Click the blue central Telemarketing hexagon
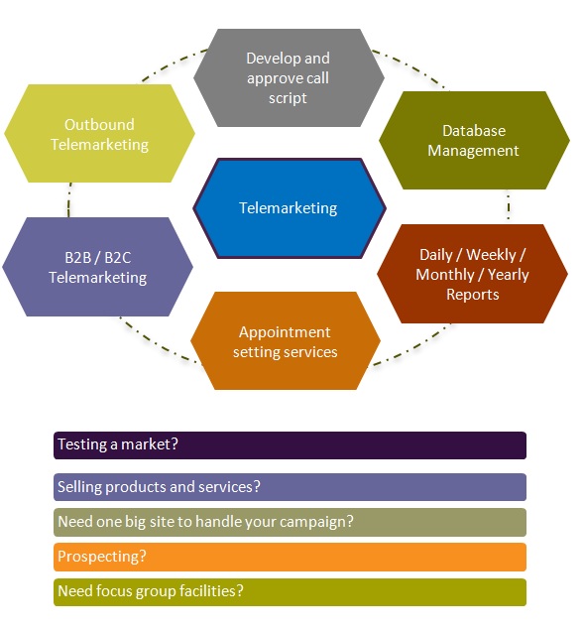tap(290, 208)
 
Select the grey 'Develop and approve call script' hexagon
tap(289, 77)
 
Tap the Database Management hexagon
tap(474, 140)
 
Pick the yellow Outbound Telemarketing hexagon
tap(99, 133)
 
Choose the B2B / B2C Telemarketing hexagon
tap(97, 267)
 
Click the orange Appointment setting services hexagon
tap(286, 340)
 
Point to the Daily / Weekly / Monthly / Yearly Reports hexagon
tap(472, 274)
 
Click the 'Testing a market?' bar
tap(290, 445)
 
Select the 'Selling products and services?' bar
tap(290, 487)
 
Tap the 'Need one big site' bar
tap(290, 522)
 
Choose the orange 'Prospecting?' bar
tap(290, 557)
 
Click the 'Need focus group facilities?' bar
tap(290, 592)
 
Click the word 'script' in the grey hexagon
tap(288, 98)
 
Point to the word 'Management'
tap(473, 151)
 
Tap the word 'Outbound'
tap(99, 125)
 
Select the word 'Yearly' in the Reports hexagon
tap(508, 275)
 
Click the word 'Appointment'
tap(285, 332)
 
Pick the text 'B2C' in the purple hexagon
tap(118, 258)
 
